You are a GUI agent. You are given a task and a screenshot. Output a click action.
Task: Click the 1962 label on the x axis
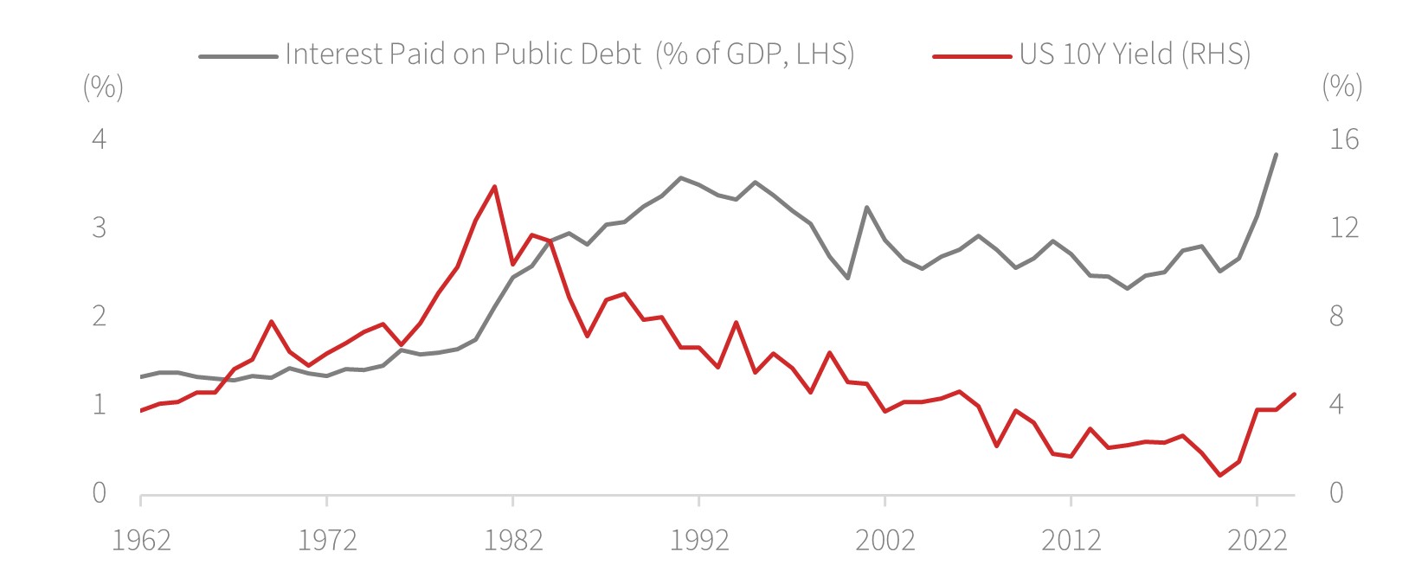point(141,541)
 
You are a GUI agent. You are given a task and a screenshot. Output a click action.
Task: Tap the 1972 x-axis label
point(327,541)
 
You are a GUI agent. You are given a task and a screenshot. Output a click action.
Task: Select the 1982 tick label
point(513,541)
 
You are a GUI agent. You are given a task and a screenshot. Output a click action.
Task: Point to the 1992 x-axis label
point(699,541)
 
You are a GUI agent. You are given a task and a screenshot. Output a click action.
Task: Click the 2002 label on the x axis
point(884,541)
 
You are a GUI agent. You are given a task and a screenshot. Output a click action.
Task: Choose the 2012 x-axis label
point(1071,541)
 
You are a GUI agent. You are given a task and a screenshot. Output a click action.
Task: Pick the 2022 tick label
point(1258,541)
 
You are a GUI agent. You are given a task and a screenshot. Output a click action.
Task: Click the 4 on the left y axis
point(100,138)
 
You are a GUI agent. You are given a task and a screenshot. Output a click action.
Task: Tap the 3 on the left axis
point(100,228)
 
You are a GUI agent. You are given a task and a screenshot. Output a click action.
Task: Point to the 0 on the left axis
point(100,493)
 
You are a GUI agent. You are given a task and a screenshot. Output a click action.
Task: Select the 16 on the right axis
point(1344,138)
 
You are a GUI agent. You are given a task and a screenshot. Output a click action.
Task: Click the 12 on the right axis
point(1344,228)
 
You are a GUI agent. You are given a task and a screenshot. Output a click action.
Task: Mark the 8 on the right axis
point(1336,316)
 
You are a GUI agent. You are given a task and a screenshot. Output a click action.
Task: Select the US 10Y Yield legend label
point(1135,55)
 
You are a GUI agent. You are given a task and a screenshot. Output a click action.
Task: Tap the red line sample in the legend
point(972,56)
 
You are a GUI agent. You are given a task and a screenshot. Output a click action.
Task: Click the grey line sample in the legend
point(238,56)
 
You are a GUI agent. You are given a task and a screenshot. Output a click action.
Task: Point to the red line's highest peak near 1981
point(494,186)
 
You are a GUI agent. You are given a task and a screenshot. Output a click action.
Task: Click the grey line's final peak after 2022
point(1276,154)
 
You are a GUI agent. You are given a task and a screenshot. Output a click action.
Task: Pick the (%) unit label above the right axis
point(1342,87)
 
